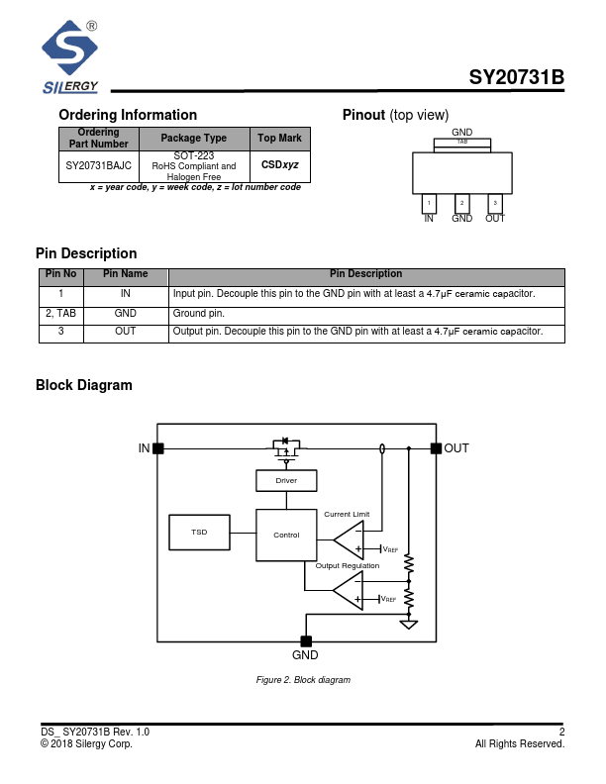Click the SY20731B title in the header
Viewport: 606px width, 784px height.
click(x=516, y=78)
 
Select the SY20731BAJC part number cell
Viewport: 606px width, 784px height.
click(x=98, y=166)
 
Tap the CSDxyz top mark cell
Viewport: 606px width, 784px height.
click(x=279, y=166)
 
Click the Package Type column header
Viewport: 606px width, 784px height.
click(x=193, y=139)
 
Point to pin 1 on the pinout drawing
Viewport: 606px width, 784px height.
click(x=429, y=203)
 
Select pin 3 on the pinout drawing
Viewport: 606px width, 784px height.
click(x=495, y=203)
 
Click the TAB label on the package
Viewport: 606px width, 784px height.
click(x=461, y=143)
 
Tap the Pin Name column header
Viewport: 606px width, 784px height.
click(x=126, y=274)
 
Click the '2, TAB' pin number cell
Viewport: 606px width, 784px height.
click(x=61, y=313)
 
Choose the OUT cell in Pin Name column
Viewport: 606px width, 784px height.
click(x=126, y=332)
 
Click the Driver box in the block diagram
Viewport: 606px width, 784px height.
click(x=286, y=480)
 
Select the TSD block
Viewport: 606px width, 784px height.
click(x=200, y=533)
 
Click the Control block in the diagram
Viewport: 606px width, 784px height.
click(x=286, y=536)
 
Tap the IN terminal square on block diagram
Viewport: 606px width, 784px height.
click(x=158, y=448)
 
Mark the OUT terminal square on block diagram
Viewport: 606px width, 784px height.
click(x=436, y=448)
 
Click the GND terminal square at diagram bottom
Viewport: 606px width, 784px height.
click(x=305, y=640)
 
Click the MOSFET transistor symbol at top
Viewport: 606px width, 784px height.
click(x=286, y=450)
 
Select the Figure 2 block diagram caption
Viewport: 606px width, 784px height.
click(x=303, y=680)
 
